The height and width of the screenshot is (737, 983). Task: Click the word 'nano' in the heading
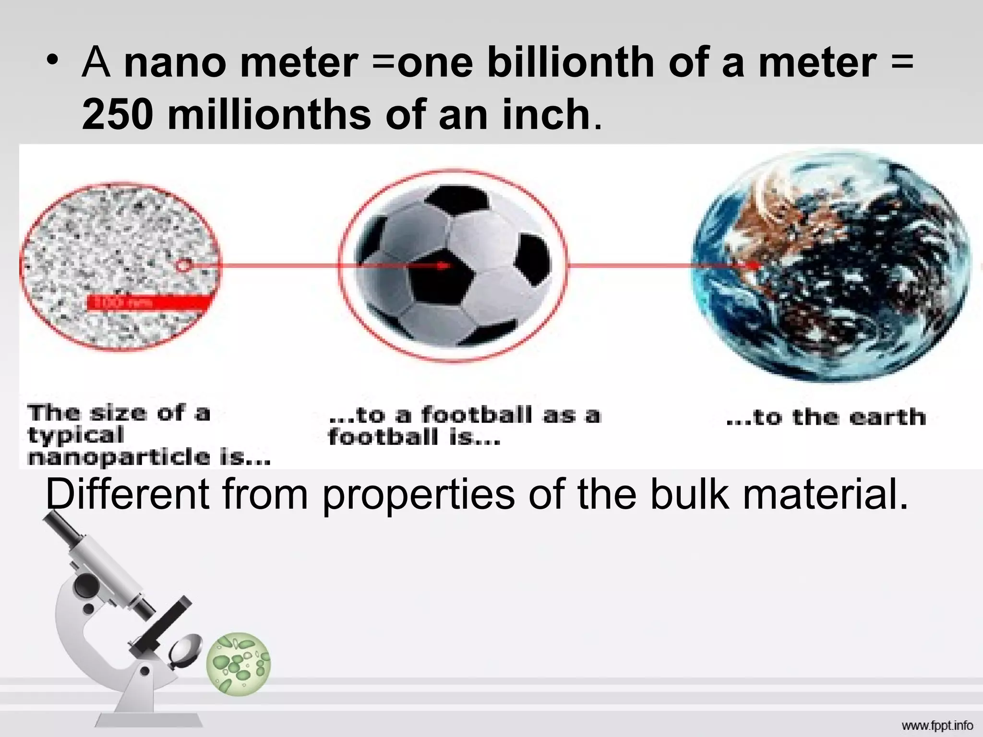(175, 63)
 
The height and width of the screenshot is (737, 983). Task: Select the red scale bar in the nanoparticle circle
(149, 303)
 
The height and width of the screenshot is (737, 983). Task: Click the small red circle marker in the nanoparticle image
(184, 264)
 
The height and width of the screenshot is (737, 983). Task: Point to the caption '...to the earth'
(826, 417)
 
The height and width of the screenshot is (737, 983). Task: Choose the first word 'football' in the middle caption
(477, 415)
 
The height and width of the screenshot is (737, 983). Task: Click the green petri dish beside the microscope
(239, 663)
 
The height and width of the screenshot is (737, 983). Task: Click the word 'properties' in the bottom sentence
(418, 495)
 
